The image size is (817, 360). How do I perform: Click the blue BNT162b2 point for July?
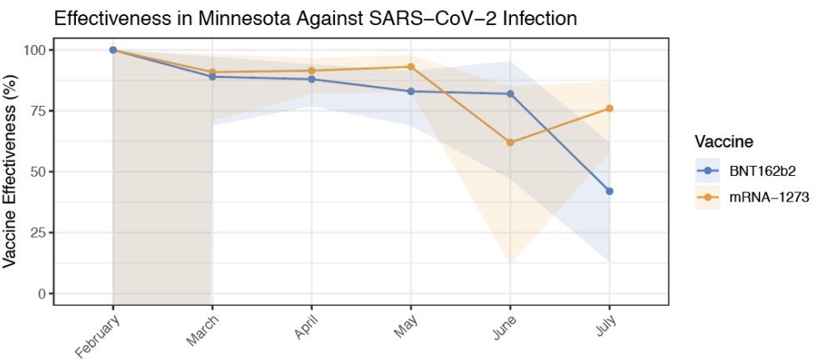(609, 191)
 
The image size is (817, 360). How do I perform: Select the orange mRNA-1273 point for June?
(510, 142)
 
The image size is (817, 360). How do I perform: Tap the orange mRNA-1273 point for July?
(609, 108)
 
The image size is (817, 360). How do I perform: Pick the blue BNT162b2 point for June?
(510, 93)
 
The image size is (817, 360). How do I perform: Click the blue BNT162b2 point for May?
(411, 91)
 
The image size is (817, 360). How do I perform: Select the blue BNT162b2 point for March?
(213, 77)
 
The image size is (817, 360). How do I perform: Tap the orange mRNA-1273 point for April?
(312, 71)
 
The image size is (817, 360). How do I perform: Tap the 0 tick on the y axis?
(39, 293)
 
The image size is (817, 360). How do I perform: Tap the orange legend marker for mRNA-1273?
(708, 197)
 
